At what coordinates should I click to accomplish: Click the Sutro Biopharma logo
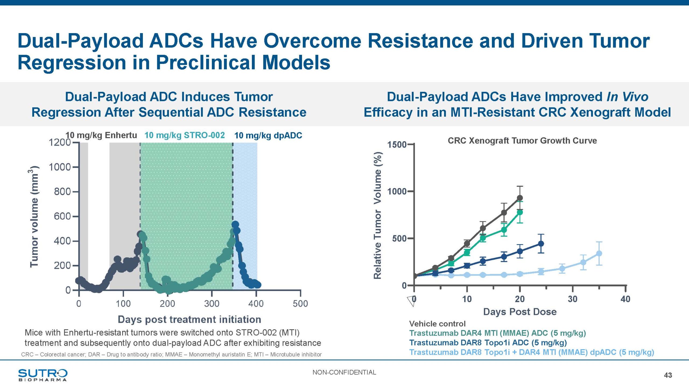tap(43, 375)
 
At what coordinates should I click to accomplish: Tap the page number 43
tap(668, 375)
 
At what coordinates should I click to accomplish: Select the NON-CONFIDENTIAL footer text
tap(344, 372)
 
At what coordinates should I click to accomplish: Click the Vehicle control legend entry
tap(437, 324)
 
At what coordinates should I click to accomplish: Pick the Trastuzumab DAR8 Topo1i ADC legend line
tap(488, 343)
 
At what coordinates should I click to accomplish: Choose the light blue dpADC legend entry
tap(532, 352)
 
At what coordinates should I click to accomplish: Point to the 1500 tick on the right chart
tap(397, 145)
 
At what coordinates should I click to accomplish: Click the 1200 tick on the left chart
tap(59, 142)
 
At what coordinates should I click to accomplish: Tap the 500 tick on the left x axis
tap(300, 304)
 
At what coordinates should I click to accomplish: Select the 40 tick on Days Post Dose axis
tap(625, 299)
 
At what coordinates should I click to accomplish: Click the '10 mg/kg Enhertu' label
tap(101, 135)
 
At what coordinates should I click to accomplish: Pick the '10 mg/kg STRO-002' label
tap(184, 135)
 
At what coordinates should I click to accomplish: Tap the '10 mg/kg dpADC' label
tap(268, 135)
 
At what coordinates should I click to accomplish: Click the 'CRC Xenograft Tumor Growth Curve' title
tap(522, 141)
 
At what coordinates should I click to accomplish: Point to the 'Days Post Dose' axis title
tap(520, 312)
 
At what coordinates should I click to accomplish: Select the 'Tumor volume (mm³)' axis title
tap(34, 217)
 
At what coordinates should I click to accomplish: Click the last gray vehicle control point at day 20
tap(520, 198)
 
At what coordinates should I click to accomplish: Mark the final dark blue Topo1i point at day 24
tap(541, 244)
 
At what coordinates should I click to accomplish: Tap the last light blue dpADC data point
tap(599, 254)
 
